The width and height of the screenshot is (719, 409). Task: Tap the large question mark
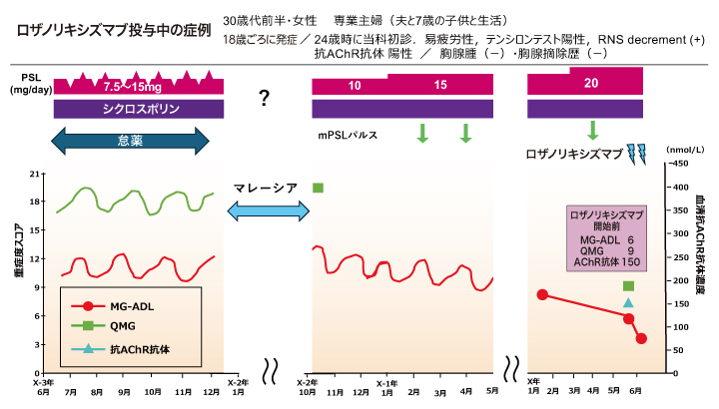265,98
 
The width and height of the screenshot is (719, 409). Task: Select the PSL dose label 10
355,87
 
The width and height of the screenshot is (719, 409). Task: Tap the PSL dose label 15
441,85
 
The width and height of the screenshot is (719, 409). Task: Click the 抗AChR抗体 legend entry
130,349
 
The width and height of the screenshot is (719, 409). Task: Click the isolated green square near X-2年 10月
318,188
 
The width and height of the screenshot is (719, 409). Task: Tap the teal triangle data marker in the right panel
628,302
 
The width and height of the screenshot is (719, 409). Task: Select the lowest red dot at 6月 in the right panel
641,338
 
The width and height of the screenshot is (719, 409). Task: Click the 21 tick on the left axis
35,174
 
